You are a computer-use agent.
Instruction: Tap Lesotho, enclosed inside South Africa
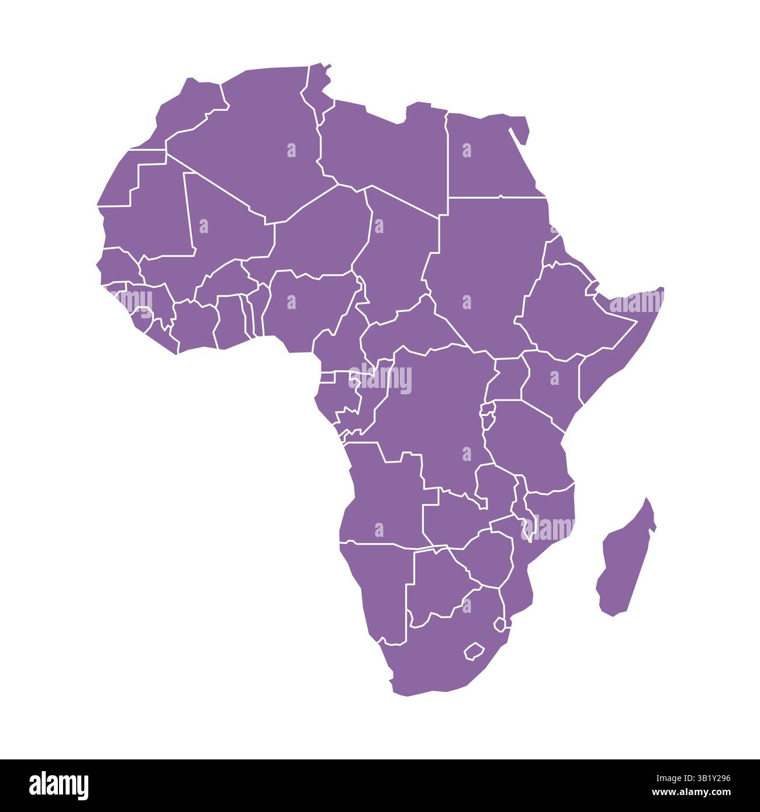click(x=472, y=651)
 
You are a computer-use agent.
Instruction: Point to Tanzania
click(x=526, y=444)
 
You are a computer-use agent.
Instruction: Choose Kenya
click(x=552, y=380)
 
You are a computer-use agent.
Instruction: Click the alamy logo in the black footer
click(x=59, y=786)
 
